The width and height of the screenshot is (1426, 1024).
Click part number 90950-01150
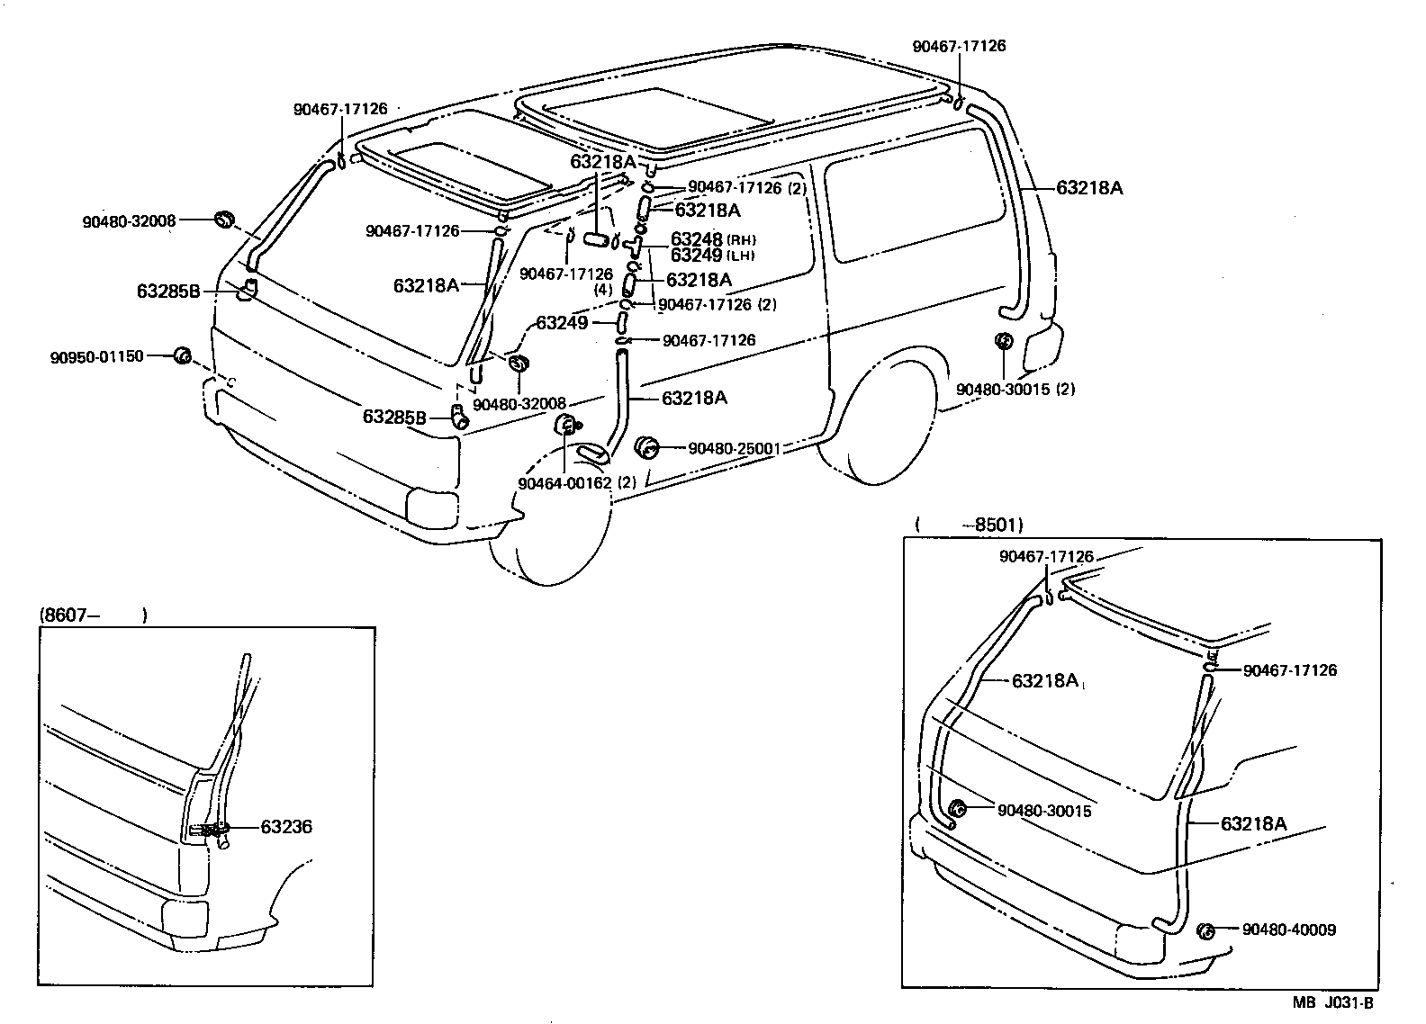pyautogui.click(x=96, y=356)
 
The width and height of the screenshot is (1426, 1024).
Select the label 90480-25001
pyautogui.click(x=734, y=447)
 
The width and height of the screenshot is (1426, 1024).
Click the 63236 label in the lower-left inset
pyautogui.click(x=286, y=826)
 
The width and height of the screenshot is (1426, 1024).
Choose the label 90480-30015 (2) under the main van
pyautogui.click(x=1015, y=390)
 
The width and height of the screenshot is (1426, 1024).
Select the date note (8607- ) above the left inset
pyautogui.click(x=93, y=615)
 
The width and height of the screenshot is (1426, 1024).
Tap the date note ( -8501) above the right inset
pyautogui.click(x=969, y=524)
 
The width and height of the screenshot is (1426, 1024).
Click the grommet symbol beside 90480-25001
pyautogui.click(x=647, y=447)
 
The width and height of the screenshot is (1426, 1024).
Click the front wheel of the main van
pyautogui.click(x=540, y=540)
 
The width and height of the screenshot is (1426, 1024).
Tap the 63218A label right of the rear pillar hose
pyautogui.click(x=1088, y=188)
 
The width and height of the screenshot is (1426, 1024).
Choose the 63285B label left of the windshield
pyautogui.click(x=168, y=292)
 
